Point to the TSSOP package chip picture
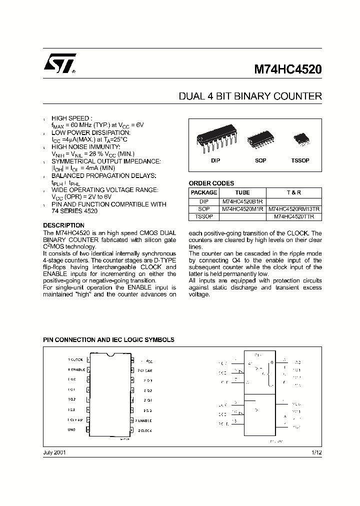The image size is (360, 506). (300, 138)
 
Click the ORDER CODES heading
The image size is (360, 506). (211, 183)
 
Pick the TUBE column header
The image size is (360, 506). (242, 192)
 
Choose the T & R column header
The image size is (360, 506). (294, 192)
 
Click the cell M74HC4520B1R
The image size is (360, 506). (242, 201)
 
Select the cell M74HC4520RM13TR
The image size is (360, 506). (294, 209)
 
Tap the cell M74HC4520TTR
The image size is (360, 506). (294, 217)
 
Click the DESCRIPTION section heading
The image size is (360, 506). (63, 225)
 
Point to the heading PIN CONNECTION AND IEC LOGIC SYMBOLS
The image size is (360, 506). (108, 340)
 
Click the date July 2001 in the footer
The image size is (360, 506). (54, 452)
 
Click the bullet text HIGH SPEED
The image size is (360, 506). (72, 118)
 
